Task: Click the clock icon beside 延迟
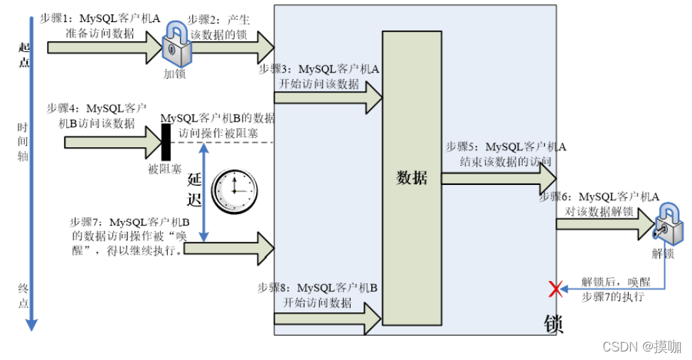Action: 235,191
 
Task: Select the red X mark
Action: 555,288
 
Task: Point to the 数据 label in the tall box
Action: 412,178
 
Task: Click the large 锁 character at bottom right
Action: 553,324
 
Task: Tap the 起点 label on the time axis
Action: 23,54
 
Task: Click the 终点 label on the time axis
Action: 23,295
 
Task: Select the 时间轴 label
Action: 23,142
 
